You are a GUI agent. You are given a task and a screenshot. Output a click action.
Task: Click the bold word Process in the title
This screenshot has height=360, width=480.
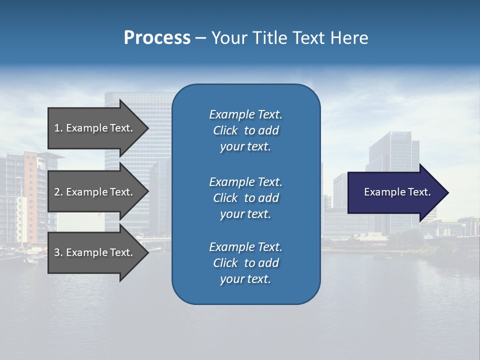[157, 38]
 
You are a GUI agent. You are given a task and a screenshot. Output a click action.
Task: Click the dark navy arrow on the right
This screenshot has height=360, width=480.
[390, 192]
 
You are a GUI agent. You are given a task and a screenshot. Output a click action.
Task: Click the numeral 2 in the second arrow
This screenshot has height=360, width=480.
[57, 192]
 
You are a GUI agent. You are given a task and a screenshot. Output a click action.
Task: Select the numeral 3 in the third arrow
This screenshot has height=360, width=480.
[57, 252]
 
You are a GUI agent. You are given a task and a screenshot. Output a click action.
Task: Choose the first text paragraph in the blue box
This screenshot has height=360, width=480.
[245, 130]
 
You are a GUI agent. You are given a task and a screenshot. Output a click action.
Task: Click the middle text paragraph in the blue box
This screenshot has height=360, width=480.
[245, 197]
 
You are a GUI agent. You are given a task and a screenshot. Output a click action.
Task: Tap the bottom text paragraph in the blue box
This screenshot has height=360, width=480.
[245, 263]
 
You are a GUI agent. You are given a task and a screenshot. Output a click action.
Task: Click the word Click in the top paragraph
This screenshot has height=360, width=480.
[225, 130]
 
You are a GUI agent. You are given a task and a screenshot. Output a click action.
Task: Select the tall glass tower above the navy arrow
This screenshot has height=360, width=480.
[392, 150]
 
